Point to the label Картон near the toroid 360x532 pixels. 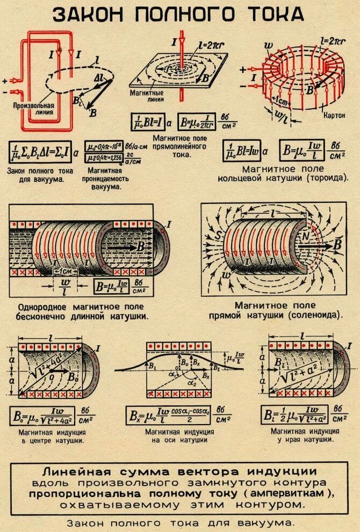tap(335, 115)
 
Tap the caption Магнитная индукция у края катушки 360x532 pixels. tap(305, 435)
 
